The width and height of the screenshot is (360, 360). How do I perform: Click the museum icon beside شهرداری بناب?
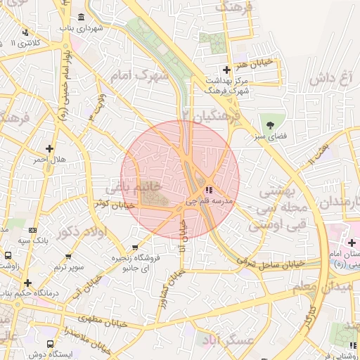(82, 17)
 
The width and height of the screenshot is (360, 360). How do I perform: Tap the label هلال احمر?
(49, 160)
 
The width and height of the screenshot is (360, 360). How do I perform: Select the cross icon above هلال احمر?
(49, 148)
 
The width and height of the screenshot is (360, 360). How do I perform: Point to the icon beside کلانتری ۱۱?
(25, 32)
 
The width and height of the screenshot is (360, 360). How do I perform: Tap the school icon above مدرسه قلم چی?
(208, 190)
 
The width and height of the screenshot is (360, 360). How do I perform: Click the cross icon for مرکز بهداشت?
(226, 70)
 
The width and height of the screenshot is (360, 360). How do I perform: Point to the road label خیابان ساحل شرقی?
(270, 262)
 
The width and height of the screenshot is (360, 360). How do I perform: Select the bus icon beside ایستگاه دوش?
(49, 344)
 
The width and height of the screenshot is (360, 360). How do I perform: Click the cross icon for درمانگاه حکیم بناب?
(27, 283)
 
